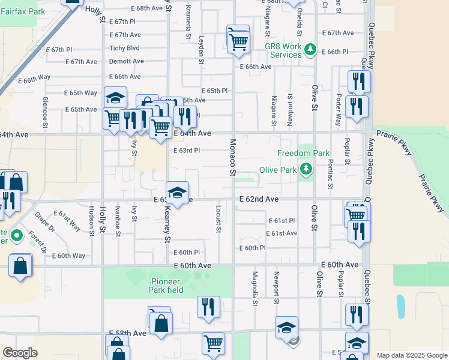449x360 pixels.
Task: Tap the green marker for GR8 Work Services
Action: click(310, 49)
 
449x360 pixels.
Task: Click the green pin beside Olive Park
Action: click(307, 169)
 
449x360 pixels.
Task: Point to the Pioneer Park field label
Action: click(166, 286)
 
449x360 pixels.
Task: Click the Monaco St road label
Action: click(232, 158)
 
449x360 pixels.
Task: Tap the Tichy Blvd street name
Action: click(124, 48)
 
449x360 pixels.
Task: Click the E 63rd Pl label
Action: click(186, 151)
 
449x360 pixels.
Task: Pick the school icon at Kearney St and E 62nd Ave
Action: click(177, 193)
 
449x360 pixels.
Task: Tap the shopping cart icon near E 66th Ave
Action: click(239, 43)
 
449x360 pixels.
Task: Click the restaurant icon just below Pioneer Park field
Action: click(208, 306)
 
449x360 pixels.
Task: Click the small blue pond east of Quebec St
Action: click(400, 306)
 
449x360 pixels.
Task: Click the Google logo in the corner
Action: click(20, 353)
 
